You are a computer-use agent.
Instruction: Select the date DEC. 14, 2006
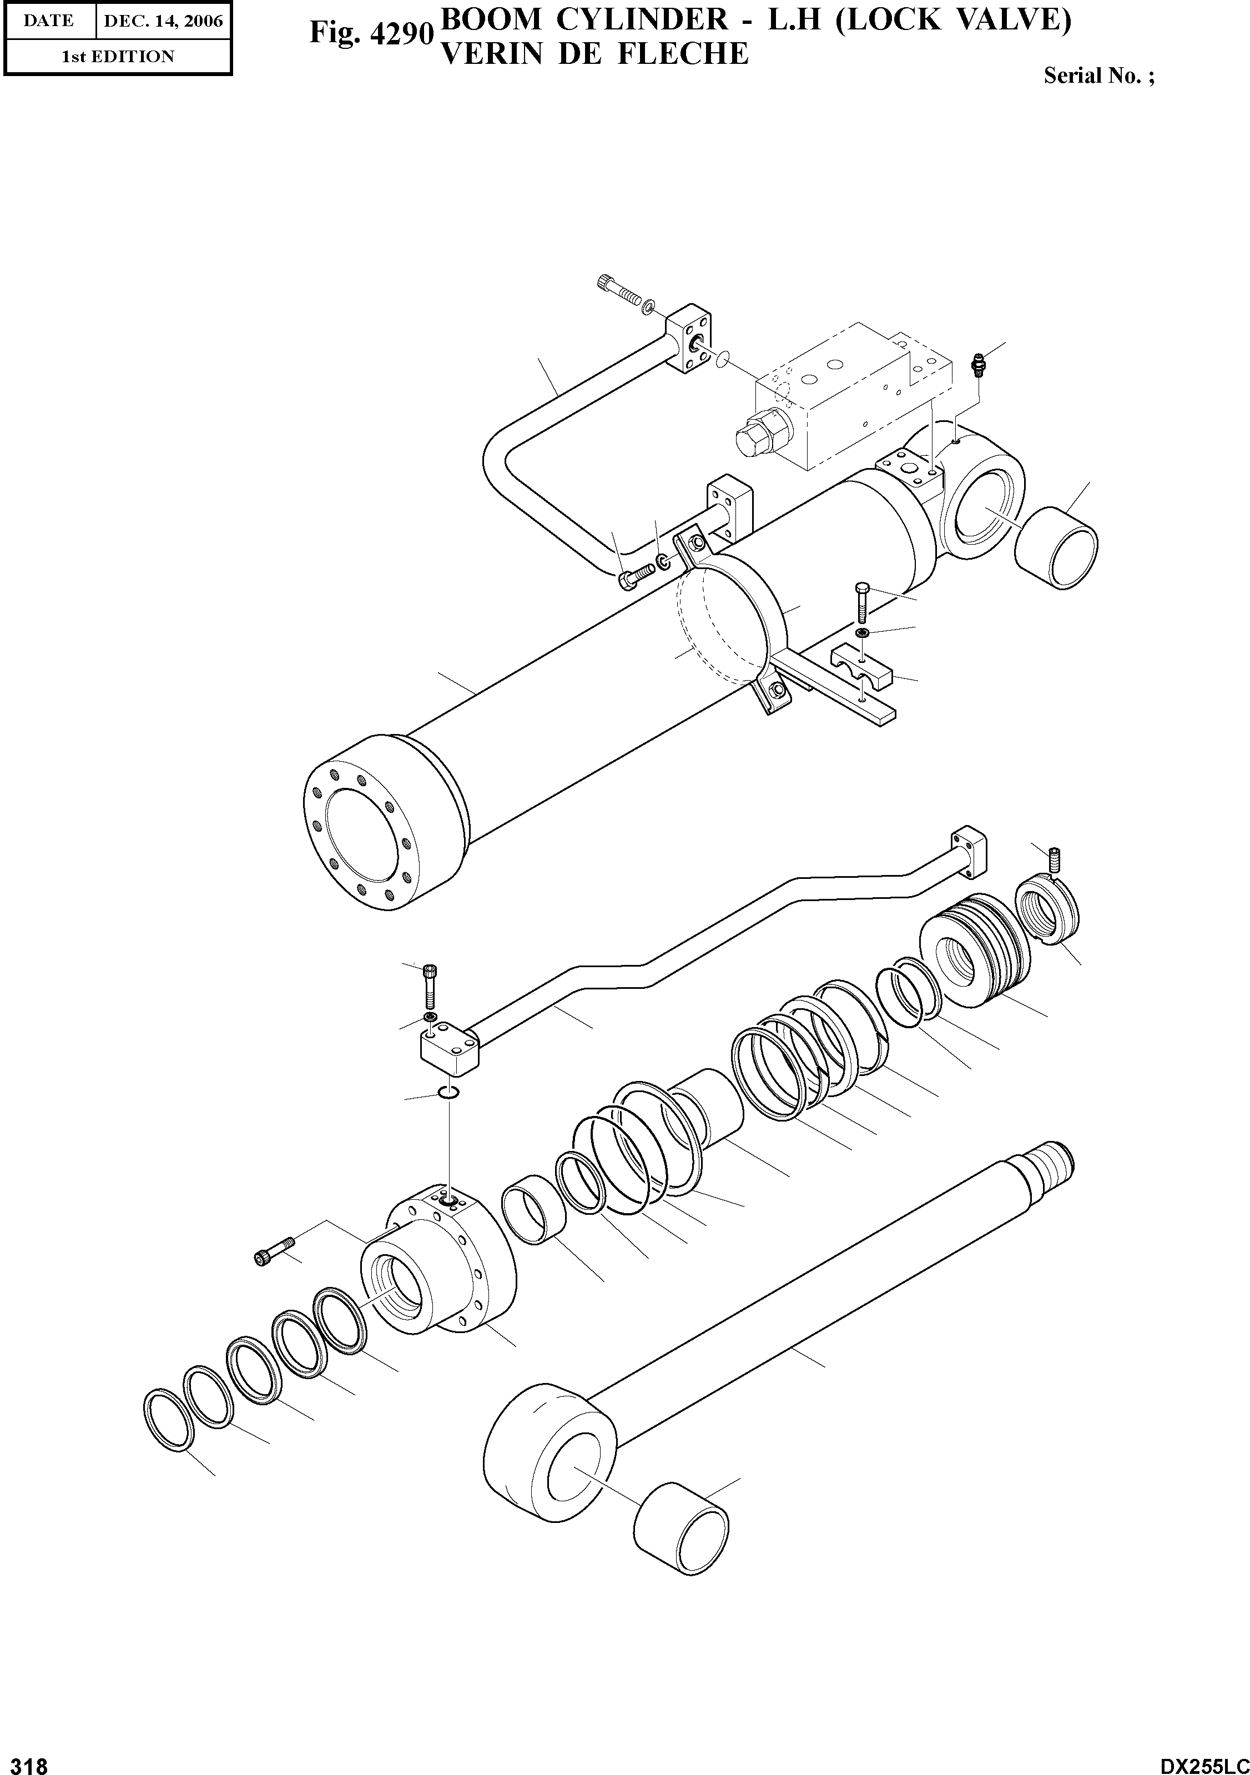(x=163, y=21)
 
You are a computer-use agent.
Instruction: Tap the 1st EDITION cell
(x=118, y=57)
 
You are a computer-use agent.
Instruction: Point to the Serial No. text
(x=1098, y=76)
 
